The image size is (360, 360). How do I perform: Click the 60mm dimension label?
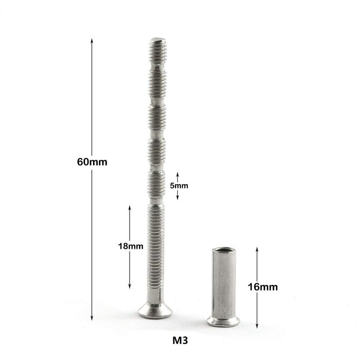pos(92,162)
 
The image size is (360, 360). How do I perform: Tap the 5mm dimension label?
pos(179,185)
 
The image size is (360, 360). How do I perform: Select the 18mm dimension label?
pos(130,246)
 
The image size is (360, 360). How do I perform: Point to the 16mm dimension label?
pos(263,287)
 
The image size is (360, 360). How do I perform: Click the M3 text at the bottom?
pos(180,341)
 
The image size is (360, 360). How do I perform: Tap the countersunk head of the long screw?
pos(155,310)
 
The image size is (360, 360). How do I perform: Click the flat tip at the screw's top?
pos(157,40)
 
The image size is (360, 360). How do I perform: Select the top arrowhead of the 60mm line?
pos(92,41)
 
